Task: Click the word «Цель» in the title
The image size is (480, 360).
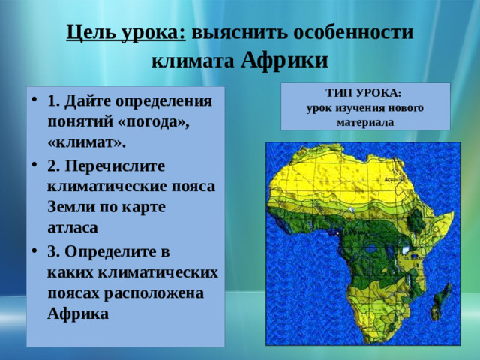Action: tap(88, 33)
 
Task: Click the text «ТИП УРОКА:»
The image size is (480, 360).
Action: tap(364, 94)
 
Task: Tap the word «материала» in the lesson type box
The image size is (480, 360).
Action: tap(364, 121)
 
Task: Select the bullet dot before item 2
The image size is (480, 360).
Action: tap(35, 164)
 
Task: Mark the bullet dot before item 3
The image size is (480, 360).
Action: tap(35, 250)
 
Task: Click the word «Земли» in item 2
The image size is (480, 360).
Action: tap(70, 206)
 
